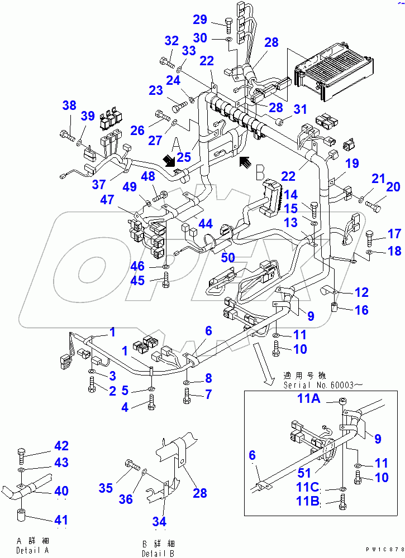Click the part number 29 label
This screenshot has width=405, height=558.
200,21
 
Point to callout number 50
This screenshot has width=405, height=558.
228,257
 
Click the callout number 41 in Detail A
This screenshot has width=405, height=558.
61,521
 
